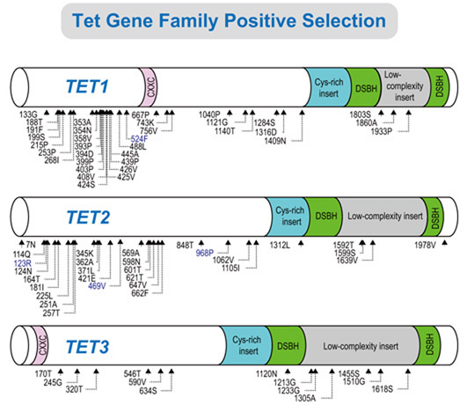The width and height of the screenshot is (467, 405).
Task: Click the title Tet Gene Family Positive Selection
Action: [234, 19]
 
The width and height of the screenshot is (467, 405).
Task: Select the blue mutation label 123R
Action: [22, 262]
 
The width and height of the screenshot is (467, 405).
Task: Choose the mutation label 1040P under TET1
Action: [209, 114]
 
